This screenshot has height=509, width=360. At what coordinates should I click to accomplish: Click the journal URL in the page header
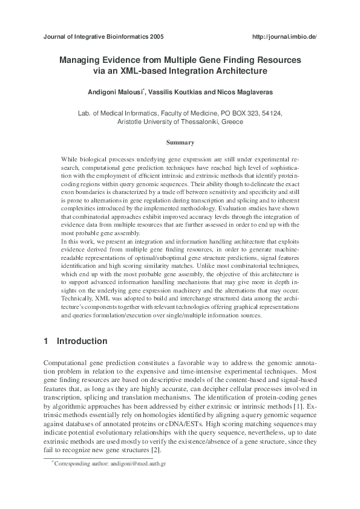(284, 37)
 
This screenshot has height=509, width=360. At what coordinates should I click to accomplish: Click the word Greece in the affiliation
(233, 122)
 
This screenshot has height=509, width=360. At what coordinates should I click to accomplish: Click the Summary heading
(180, 143)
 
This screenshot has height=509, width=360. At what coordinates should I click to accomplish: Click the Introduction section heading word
(82, 342)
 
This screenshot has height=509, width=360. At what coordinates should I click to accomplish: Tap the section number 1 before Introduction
(46, 342)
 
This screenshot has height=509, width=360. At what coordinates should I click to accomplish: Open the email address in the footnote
(140, 463)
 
